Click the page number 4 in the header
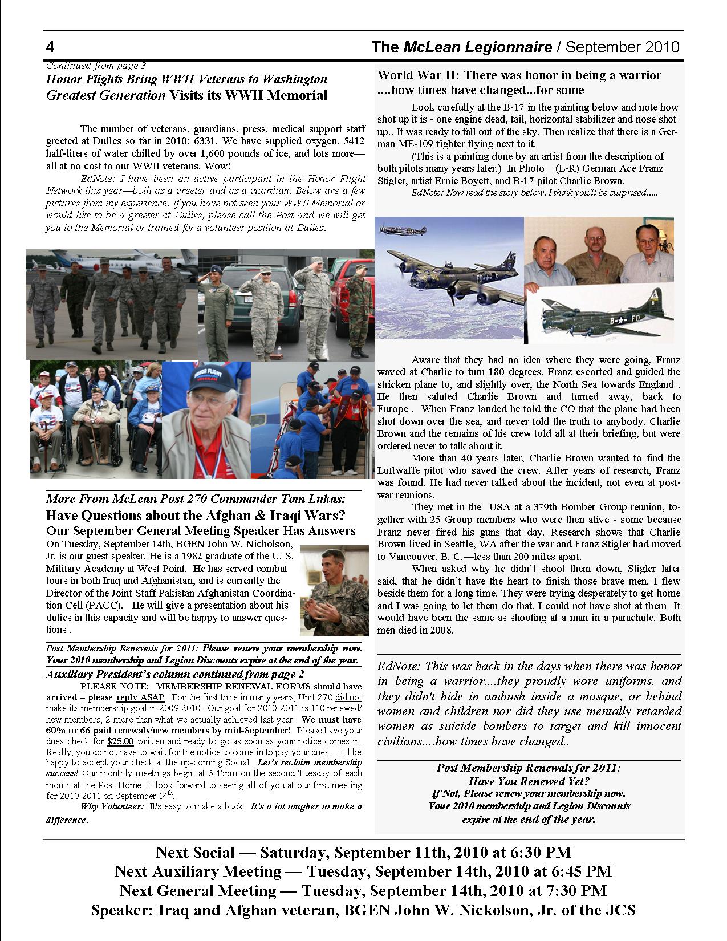point(50,46)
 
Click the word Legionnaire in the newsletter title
point(518,47)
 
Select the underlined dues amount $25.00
point(120,742)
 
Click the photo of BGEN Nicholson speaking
point(334,590)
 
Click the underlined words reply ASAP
point(140,698)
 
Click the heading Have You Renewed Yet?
point(529,781)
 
